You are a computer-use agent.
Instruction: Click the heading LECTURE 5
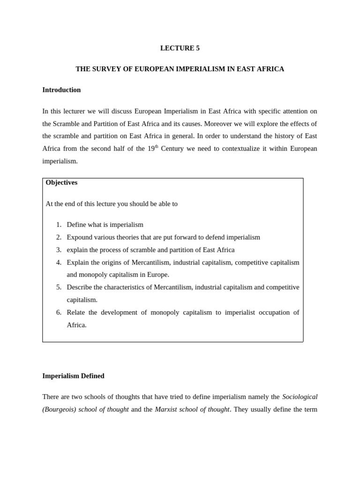180,48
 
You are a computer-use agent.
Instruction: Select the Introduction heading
61,90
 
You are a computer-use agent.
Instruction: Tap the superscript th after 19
157,146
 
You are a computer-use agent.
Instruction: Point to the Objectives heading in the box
61,183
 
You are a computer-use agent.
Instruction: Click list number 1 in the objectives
59,225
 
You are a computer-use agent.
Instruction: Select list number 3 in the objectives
59,250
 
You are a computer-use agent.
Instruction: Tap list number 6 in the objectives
59,313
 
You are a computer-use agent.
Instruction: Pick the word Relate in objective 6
76,313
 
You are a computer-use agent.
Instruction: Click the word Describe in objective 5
80,287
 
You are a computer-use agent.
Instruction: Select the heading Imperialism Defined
73,376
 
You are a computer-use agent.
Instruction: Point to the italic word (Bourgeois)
59,409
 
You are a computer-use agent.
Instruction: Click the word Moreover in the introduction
219,124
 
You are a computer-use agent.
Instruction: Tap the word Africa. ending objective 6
76,325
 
